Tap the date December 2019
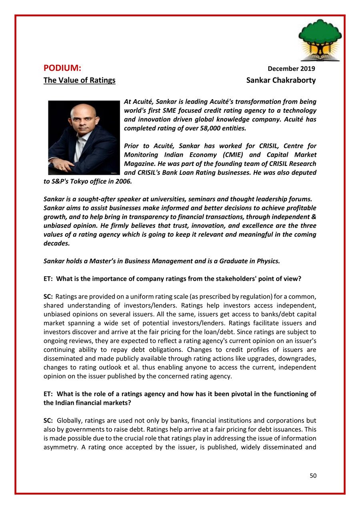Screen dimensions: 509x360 291,69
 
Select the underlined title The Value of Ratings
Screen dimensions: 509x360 79,80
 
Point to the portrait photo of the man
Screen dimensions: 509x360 84,137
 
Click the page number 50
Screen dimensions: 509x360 313,475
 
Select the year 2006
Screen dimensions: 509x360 122,182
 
